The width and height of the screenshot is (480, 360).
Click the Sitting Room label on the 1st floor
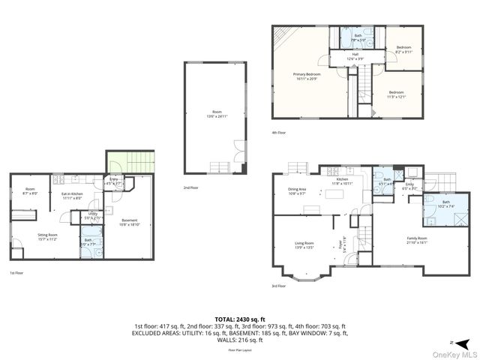(x=49, y=236)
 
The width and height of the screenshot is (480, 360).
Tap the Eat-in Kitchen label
(x=72, y=196)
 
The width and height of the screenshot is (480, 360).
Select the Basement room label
(x=129, y=222)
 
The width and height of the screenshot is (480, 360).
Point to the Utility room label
(x=93, y=215)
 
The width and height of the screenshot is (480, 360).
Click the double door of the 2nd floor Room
(x=238, y=148)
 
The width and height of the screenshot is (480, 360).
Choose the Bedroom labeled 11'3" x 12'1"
(x=396, y=94)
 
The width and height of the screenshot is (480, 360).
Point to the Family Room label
(x=416, y=241)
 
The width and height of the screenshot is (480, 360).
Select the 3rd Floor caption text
(x=278, y=286)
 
